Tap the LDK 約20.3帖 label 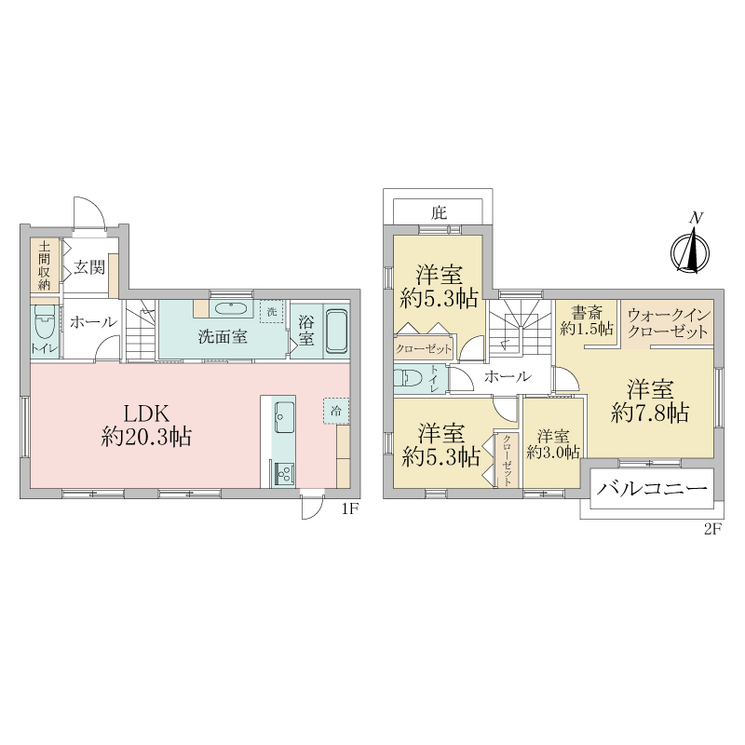tap(146, 426)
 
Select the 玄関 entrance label tap(88, 267)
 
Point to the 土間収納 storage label tap(44, 265)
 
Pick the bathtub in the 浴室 tap(336, 332)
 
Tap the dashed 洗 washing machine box tap(272, 312)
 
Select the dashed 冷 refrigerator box tap(336, 411)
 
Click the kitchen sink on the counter tap(284, 416)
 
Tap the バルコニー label tap(652, 488)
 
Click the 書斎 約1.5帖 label tap(587, 320)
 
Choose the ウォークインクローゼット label tap(669, 323)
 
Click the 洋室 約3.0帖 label tap(553, 444)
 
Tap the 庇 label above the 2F tap(439, 212)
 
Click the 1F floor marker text tap(349, 509)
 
